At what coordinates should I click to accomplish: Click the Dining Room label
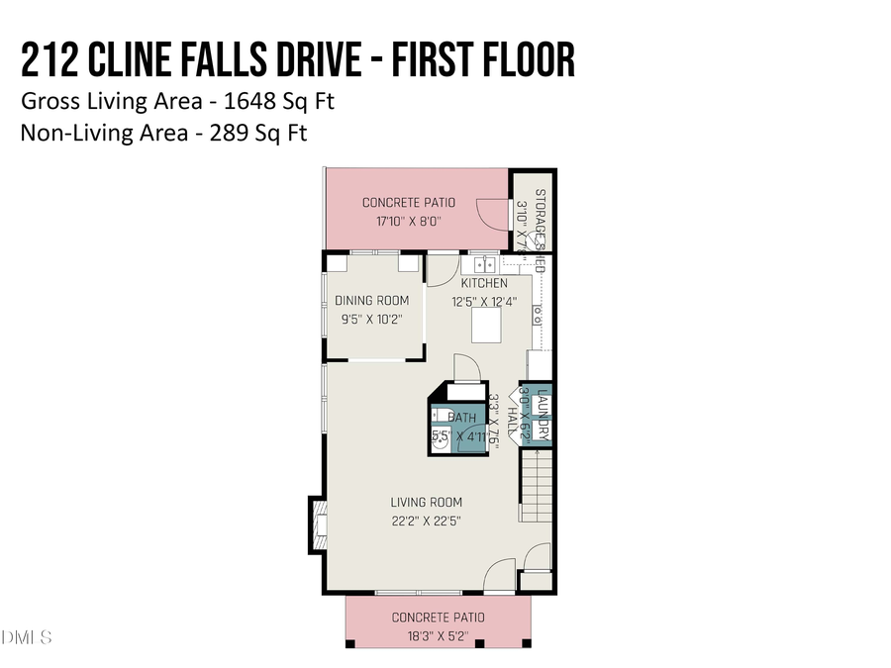pyautogui.click(x=371, y=301)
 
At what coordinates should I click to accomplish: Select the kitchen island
pyautogui.click(x=487, y=326)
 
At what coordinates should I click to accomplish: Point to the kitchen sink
pyautogui.click(x=484, y=264)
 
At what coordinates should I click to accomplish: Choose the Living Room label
pyautogui.click(x=426, y=502)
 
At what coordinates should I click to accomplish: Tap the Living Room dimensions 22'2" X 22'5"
pyautogui.click(x=426, y=520)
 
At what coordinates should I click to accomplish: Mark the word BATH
pyautogui.click(x=461, y=419)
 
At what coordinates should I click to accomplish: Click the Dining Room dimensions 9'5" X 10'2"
pyautogui.click(x=371, y=319)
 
